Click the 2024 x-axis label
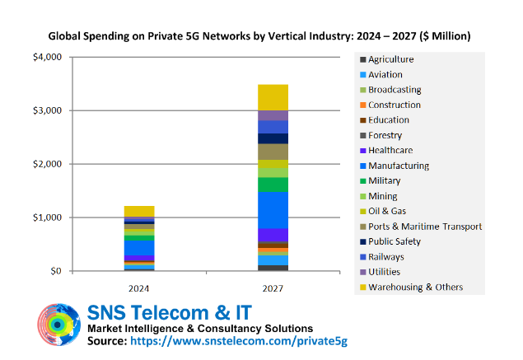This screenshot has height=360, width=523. pos(139,289)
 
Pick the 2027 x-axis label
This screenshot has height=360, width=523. pos(273,289)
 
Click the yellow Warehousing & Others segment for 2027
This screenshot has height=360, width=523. pos(273,97)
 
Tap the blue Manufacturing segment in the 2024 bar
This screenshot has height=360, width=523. pos(139,247)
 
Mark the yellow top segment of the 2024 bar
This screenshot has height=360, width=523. pos(139,211)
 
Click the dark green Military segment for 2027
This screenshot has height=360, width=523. pos(273,185)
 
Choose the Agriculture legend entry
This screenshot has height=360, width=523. pos(390,59)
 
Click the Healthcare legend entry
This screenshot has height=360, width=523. pos(390,151)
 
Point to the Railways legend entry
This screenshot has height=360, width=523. pos(387,257)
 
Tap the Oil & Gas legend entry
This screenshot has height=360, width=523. pos(387,212)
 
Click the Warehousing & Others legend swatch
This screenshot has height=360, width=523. pos(362,288)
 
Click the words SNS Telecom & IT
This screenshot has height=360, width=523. pos(169,312)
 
